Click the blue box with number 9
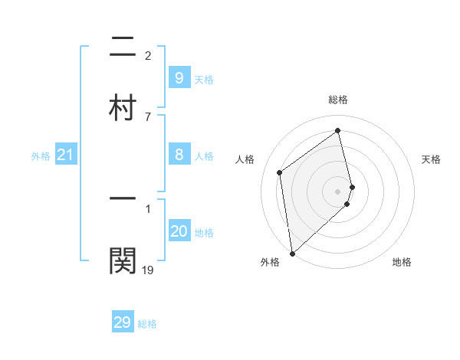click(179, 77)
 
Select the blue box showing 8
click(179, 155)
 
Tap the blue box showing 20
click(179, 231)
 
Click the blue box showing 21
click(65, 155)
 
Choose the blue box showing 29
click(122, 322)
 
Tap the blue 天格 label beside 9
click(204, 79)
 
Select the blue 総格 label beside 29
click(147, 324)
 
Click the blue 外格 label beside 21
click(41, 156)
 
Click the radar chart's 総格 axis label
click(338, 100)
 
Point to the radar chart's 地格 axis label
click(402, 262)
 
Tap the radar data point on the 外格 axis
click(291, 254)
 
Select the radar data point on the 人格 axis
click(280, 172)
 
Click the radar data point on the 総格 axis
click(338, 131)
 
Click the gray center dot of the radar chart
click(338, 191)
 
